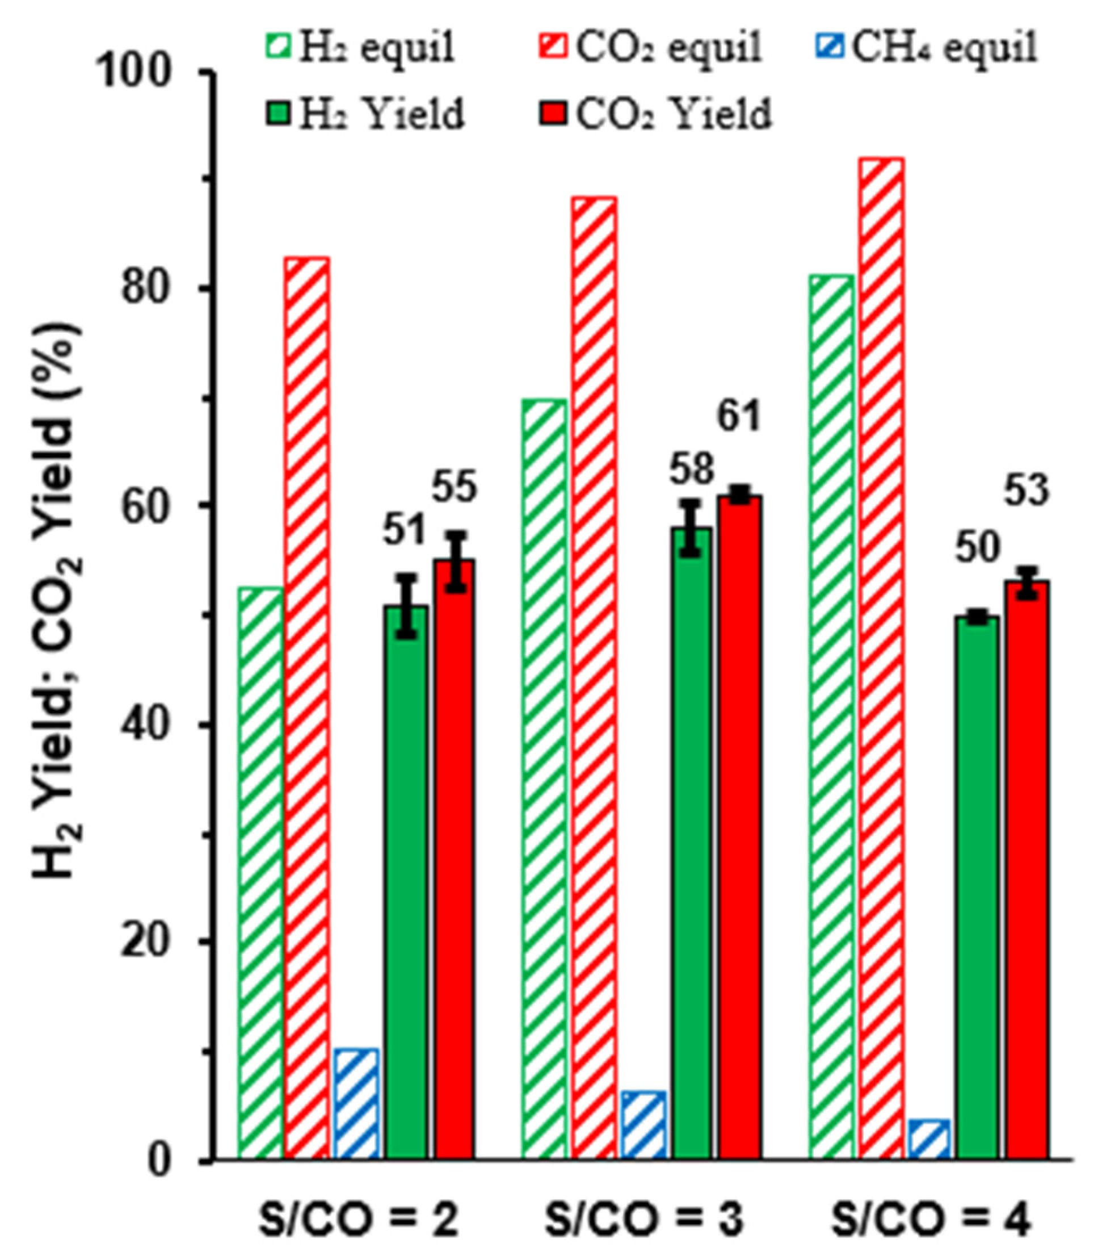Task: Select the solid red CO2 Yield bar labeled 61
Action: click(739, 827)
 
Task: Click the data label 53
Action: click(1026, 491)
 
